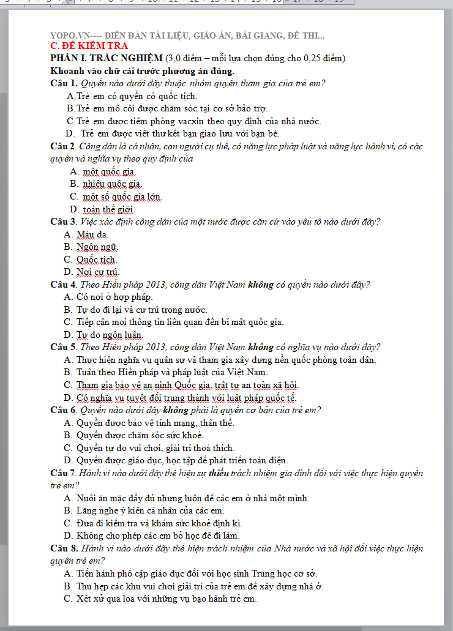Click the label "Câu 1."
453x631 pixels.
pos(64,83)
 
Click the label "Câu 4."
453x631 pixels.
pos(64,285)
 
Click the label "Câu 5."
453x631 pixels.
pos(64,347)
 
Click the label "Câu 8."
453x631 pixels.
pos(64,548)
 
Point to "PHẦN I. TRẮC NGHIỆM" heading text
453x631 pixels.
pos(107,58)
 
